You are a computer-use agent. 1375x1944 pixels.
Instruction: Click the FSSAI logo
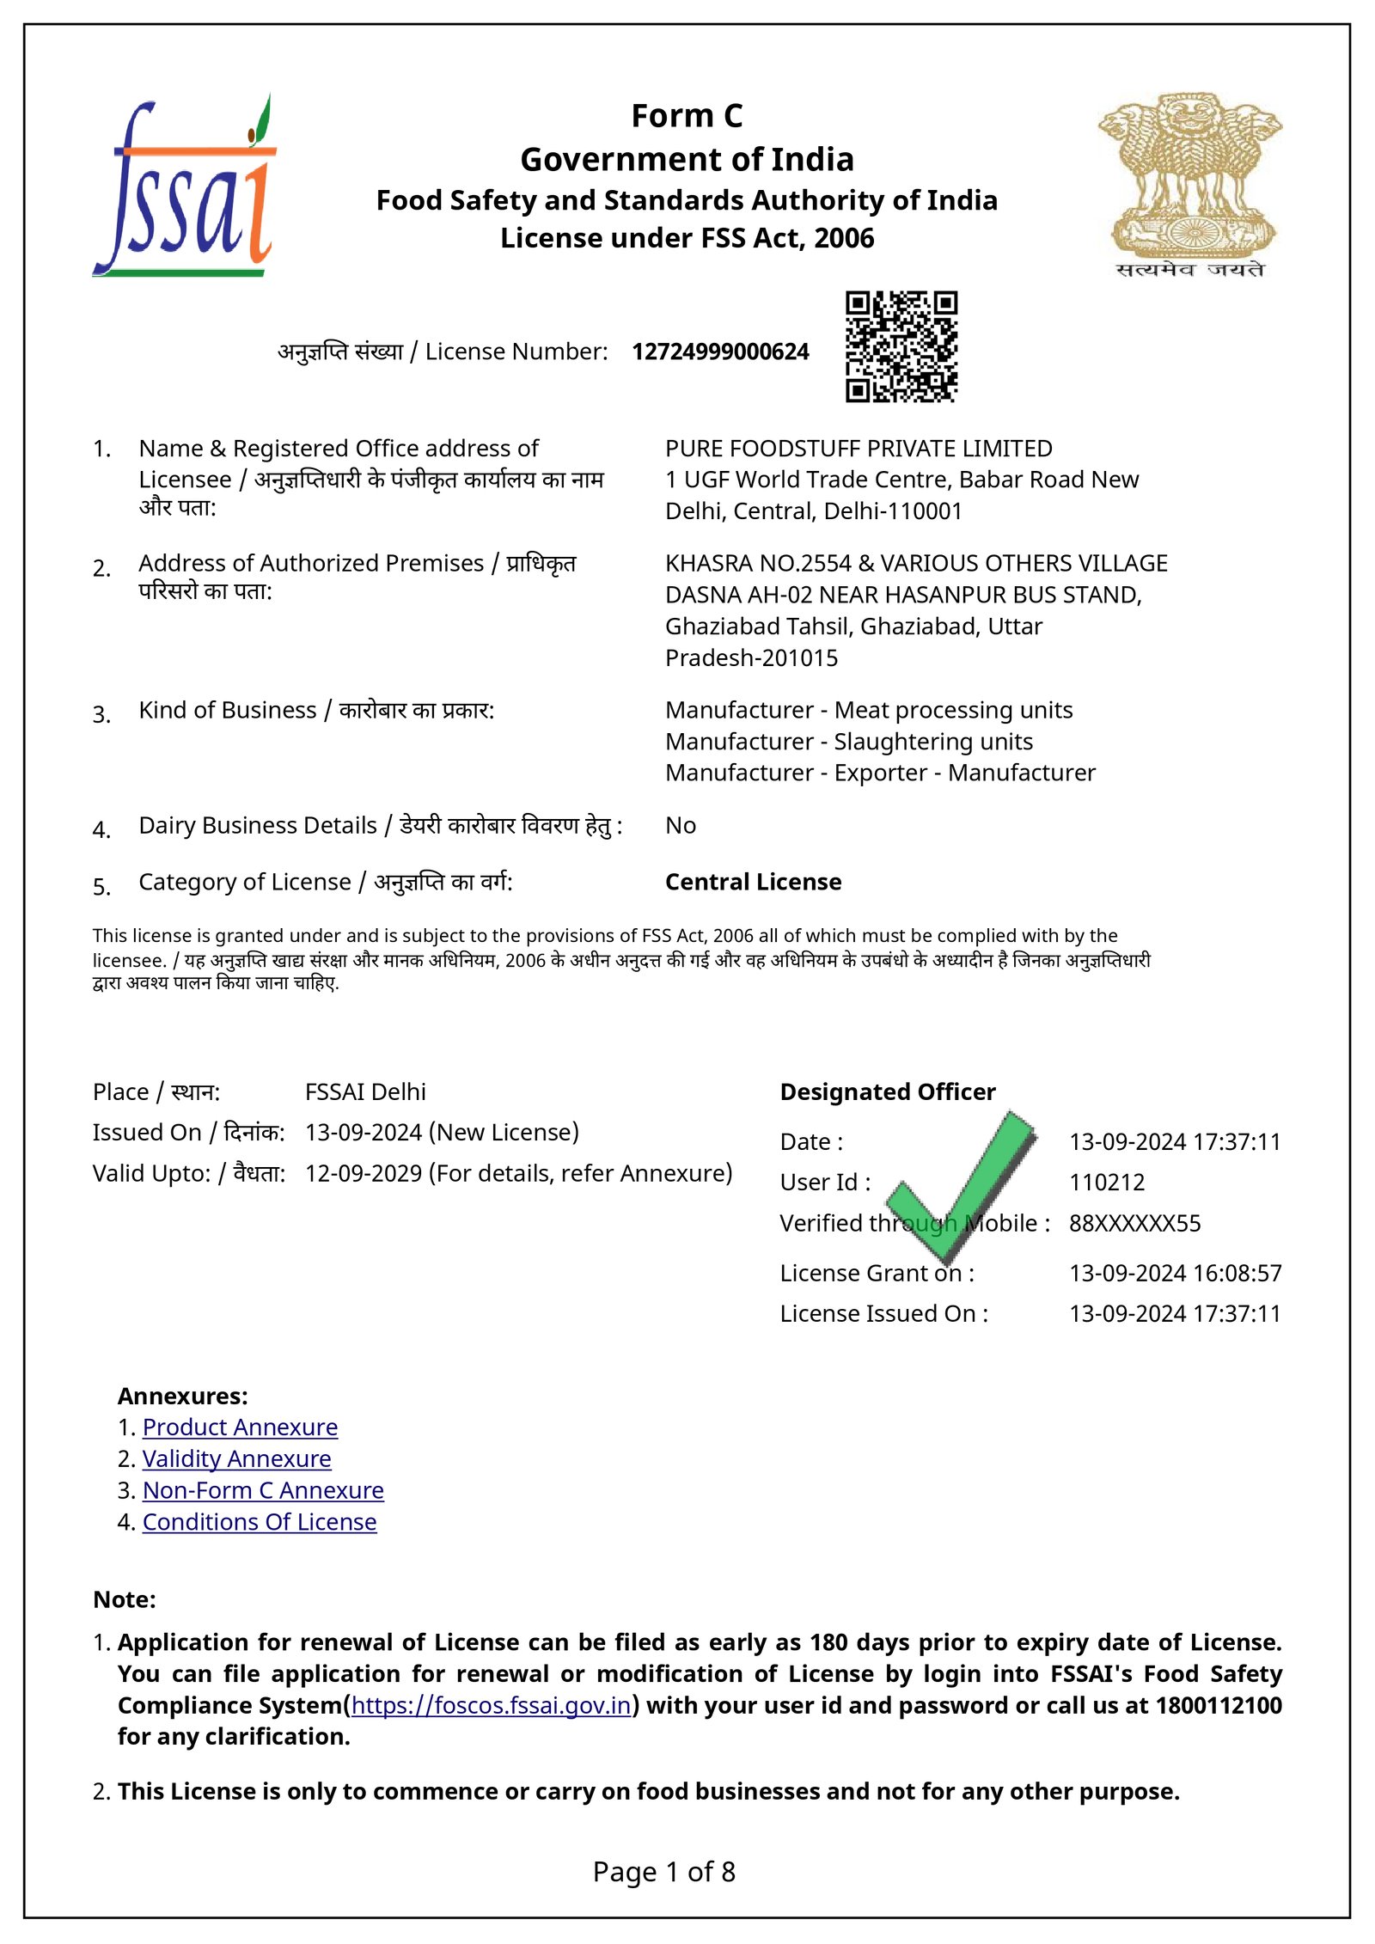point(184,187)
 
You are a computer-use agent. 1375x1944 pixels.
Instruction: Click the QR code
point(901,346)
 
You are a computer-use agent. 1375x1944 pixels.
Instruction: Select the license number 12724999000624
point(720,352)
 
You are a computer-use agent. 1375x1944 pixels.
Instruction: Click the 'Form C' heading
point(687,116)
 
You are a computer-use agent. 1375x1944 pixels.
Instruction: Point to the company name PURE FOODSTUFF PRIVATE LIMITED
point(858,449)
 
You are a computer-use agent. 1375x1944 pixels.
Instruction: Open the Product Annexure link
point(240,1427)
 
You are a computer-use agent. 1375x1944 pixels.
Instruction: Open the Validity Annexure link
point(236,1459)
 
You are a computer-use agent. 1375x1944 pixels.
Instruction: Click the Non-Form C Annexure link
point(263,1491)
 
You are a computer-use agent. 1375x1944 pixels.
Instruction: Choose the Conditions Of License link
point(260,1522)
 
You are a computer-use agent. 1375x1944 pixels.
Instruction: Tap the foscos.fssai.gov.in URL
point(491,1706)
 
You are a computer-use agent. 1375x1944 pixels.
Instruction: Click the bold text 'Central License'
point(753,882)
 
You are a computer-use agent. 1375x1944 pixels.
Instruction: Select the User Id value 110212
point(1107,1183)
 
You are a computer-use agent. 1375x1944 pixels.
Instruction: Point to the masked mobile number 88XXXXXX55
point(1134,1224)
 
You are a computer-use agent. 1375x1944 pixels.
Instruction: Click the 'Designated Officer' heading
point(887,1091)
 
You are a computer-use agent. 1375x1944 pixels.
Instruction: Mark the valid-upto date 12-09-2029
point(364,1173)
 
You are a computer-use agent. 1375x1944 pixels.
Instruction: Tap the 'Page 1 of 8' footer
point(663,1872)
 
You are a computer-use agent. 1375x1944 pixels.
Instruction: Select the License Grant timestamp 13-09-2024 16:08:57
point(1175,1273)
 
